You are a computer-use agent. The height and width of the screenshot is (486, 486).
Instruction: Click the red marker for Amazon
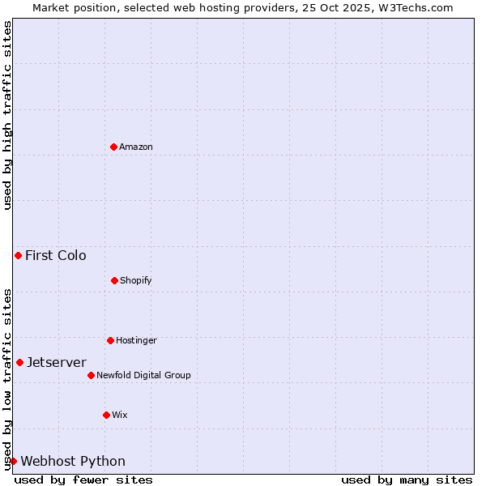[113, 147]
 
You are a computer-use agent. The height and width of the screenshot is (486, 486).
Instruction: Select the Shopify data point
[114, 280]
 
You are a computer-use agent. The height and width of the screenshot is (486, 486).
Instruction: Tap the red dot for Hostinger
[110, 340]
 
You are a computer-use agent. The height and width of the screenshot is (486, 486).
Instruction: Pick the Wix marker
[106, 415]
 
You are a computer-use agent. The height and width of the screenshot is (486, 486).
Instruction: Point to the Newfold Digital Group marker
[91, 375]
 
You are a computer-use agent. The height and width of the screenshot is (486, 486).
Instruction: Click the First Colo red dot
[18, 255]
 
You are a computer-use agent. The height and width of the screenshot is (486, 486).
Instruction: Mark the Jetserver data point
[19, 362]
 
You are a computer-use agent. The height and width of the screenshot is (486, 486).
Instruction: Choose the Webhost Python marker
[13, 461]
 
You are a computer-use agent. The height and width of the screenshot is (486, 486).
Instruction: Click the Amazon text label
[136, 147]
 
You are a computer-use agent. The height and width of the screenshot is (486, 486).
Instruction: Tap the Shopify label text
[136, 280]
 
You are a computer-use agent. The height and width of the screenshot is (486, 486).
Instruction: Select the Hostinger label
[136, 340]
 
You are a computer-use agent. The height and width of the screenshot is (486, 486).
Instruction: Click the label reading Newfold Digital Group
[143, 375]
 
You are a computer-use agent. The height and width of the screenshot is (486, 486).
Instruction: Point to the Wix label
[120, 415]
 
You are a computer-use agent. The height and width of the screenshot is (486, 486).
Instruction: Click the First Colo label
[56, 255]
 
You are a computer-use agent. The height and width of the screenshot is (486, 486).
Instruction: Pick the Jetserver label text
[57, 362]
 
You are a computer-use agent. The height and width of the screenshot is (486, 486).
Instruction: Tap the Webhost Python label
[73, 461]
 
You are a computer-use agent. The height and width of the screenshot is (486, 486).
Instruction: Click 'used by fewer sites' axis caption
[83, 480]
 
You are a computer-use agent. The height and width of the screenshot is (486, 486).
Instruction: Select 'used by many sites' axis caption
[407, 480]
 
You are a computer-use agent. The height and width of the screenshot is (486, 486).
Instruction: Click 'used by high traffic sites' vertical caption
[7, 115]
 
